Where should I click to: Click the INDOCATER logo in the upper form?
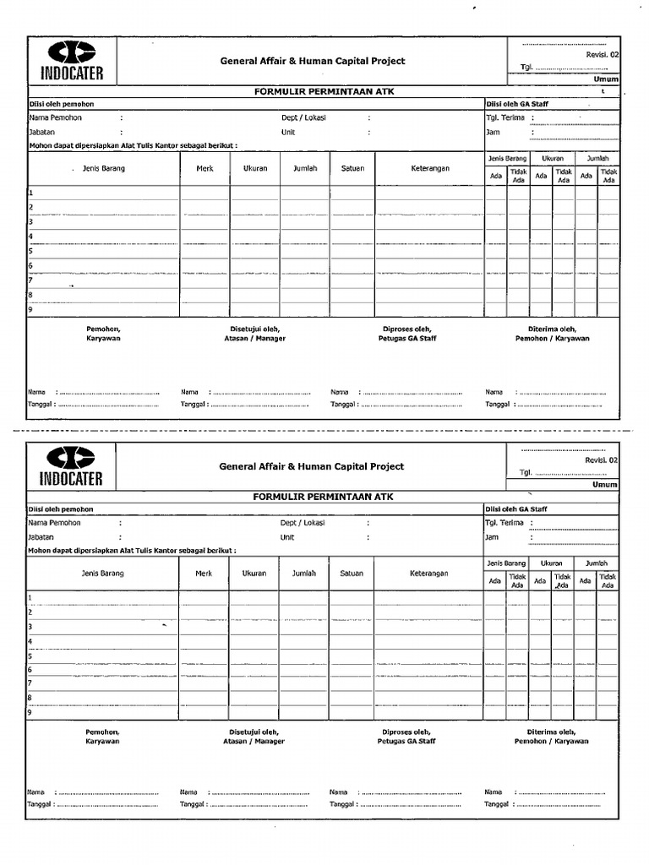[72, 61]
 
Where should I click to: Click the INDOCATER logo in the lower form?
[72, 466]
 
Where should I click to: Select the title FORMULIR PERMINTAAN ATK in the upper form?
[313, 91]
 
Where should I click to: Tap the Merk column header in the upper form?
[205, 168]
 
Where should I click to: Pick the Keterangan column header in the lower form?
[429, 574]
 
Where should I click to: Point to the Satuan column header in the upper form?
[352, 168]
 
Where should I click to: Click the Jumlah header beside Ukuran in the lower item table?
[304, 574]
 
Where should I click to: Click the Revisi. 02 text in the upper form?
[602, 55]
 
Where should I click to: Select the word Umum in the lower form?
[605, 485]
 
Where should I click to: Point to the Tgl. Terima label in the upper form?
[504, 118]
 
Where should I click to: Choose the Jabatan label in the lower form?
[41, 537]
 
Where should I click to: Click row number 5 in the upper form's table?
[30, 252]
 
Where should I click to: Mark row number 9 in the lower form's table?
[30, 713]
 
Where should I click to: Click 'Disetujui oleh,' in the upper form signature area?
[254, 329]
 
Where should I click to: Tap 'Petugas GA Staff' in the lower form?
[407, 741]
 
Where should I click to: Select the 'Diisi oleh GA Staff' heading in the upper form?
[516, 104]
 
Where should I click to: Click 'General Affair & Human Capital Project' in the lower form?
[312, 466]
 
